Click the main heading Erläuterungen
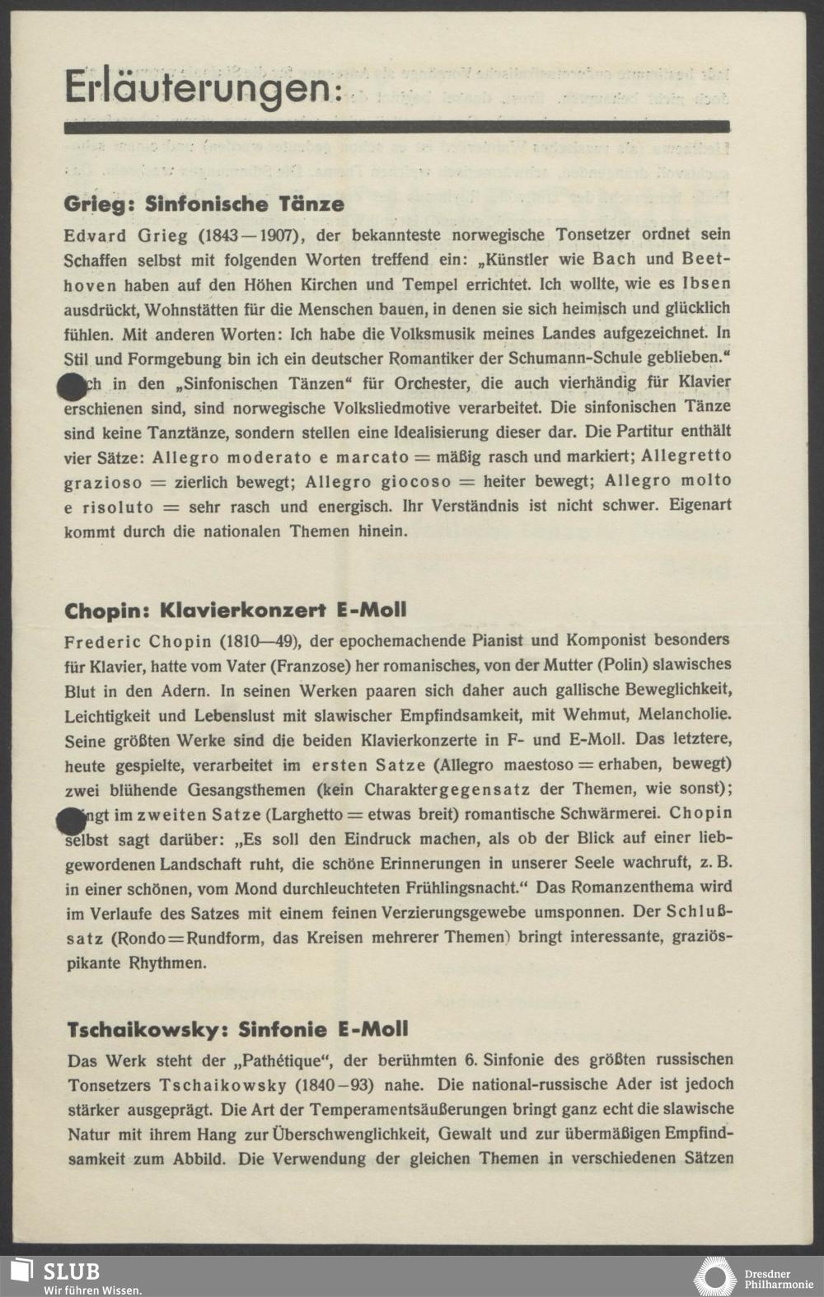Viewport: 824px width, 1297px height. coord(202,88)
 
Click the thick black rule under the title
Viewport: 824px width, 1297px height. coord(396,127)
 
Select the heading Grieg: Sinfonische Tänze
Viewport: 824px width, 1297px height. coord(204,204)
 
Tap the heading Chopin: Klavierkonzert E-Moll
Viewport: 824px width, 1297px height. coord(236,611)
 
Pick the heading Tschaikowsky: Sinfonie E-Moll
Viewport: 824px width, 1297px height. coord(237,1029)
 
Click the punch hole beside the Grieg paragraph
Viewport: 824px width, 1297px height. coord(71,385)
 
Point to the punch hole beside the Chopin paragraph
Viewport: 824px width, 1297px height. coord(71,821)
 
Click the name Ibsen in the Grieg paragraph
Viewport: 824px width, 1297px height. coord(706,284)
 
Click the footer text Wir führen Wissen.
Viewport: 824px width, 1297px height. coord(92,1289)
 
